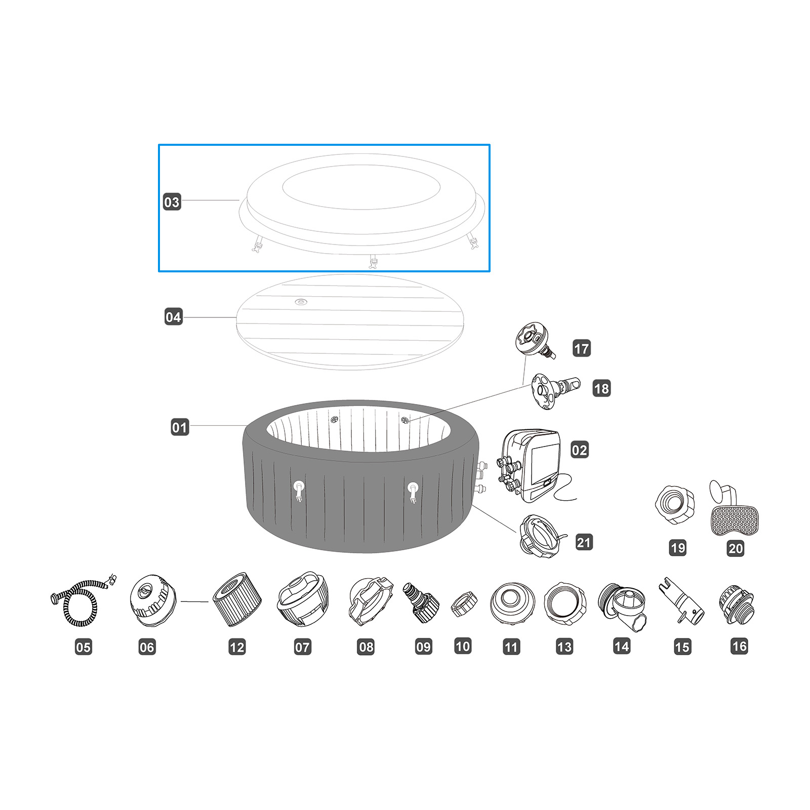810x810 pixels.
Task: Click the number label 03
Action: click(x=172, y=202)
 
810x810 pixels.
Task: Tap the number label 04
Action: click(x=173, y=317)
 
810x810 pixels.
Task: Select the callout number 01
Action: click(x=180, y=427)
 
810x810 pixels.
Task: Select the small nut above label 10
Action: click(x=464, y=603)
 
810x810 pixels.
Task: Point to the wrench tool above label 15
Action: click(x=681, y=602)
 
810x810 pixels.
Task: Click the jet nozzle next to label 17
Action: click(x=535, y=340)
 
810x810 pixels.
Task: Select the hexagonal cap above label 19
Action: click(x=674, y=505)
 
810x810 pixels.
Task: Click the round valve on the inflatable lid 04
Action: click(x=301, y=302)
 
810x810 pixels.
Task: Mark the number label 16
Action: click(x=739, y=646)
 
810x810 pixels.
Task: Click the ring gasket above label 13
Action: click(x=564, y=603)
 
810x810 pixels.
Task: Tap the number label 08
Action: click(x=366, y=646)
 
